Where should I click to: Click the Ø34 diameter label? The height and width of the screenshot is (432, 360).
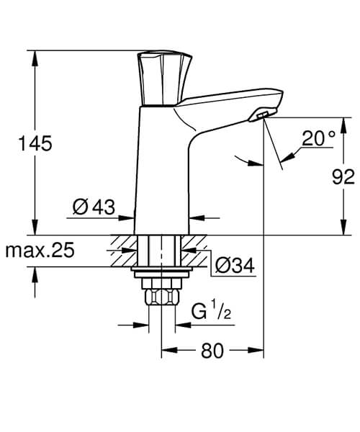[x=235, y=266]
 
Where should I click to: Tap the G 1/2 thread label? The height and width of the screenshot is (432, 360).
[x=210, y=311]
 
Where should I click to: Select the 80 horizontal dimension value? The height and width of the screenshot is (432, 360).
[x=212, y=351]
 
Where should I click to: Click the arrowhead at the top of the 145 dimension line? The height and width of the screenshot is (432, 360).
[x=35, y=56]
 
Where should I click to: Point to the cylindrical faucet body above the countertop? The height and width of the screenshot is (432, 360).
[x=161, y=173]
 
